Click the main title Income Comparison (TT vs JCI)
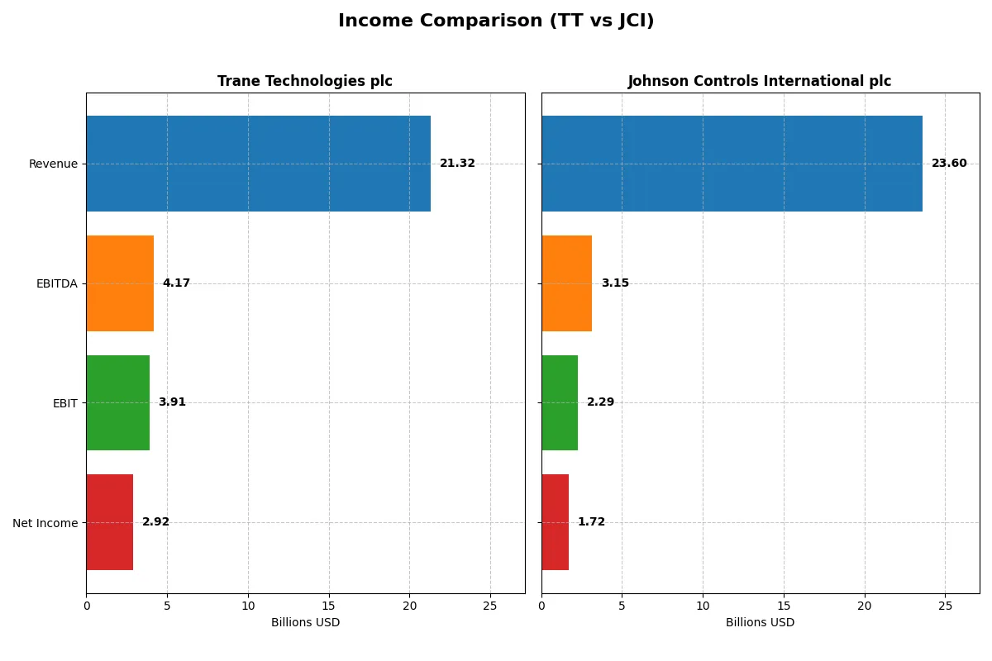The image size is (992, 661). click(496, 21)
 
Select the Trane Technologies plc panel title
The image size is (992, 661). click(304, 81)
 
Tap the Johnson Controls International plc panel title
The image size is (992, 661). click(759, 81)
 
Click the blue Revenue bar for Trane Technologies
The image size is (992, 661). click(258, 164)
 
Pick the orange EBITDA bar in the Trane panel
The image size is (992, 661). click(120, 283)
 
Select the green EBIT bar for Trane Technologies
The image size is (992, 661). click(117, 402)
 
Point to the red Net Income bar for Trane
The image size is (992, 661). click(109, 522)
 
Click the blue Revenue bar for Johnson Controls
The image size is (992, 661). click(732, 164)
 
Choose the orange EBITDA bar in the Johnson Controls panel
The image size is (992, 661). click(566, 283)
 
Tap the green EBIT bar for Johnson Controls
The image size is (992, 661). click(560, 402)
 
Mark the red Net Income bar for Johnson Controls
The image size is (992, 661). click(555, 522)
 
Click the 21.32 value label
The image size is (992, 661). click(457, 164)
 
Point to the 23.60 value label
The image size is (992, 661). click(949, 164)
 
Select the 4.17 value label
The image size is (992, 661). click(176, 283)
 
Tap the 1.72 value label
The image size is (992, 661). click(591, 522)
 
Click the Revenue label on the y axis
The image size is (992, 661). click(53, 164)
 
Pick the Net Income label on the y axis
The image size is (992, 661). click(45, 523)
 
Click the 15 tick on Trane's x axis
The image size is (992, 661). click(329, 606)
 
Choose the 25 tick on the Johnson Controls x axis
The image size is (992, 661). click(945, 606)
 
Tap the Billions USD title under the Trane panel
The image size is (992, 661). click(305, 622)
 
